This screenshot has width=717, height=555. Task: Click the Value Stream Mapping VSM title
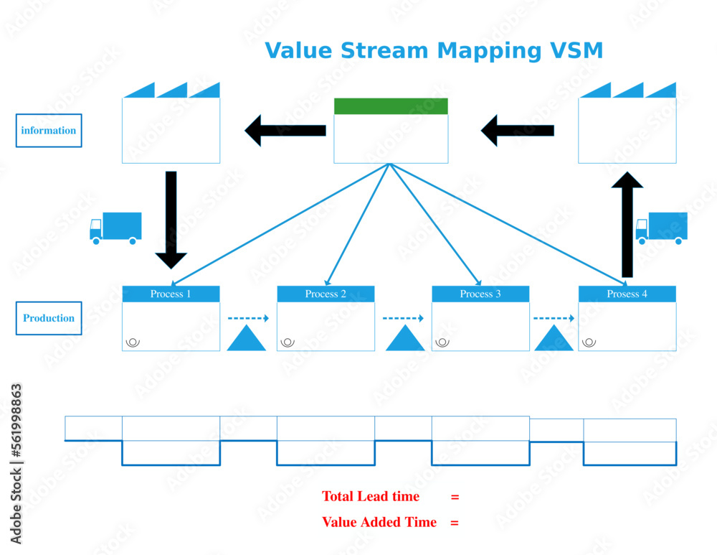pyautogui.click(x=434, y=51)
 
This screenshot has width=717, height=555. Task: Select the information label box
pyautogui.click(x=49, y=131)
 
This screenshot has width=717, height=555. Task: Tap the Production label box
pyautogui.click(x=49, y=318)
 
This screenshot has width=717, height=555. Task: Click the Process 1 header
pyautogui.click(x=171, y=294)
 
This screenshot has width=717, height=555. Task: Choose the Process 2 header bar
pyautogui.click(x=326, y=294)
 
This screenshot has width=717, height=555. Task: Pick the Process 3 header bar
pyautogui.click(x=480, y=294)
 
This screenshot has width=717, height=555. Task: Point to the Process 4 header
pyautogui.click(x=627, y=294)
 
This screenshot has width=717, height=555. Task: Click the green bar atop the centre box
pyautogui.click(x=391, y=106)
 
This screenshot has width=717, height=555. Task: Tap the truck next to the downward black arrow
pyautogui.click(x=115, y=228)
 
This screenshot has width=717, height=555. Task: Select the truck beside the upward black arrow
pyautogui.click(x=661, y=228)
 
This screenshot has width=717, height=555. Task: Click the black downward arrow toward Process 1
pyautogui.click(x=171, y=219)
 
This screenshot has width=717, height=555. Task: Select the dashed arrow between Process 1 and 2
pyautogui.click(x=248, y=318)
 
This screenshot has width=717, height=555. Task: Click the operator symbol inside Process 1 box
pyautogui.click(x=133, y=342)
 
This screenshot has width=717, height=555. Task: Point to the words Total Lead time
pyautogui.click(x=370, y=496)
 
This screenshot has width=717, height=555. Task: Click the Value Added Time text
pyautogui.click(x=379, y=522)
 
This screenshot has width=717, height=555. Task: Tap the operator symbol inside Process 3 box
pyautogui.click(x=442, y=342)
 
